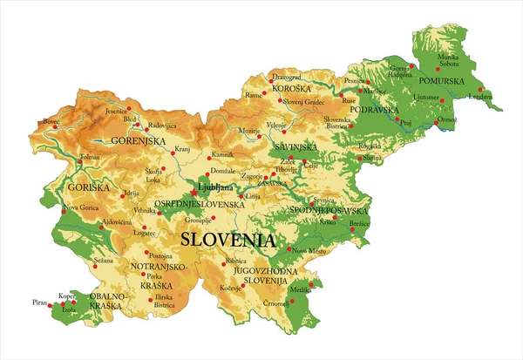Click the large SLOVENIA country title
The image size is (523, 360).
(x=228, y=240)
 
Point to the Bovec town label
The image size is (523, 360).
(x=51, y=122)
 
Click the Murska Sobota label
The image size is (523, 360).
(x=453, y=60)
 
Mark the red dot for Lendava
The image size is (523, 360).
(x=480, y=90)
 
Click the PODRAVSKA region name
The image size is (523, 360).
(x=374, y=110)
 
